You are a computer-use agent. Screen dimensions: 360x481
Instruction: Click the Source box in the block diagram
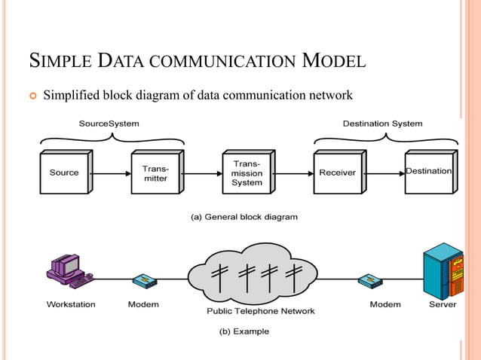[x=64, y=172]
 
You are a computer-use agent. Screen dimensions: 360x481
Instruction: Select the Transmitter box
[x=155, y=172]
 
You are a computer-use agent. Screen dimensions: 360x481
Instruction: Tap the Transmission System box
[x=247, y=172]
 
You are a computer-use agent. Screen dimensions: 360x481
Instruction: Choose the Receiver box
[x=337, y=172]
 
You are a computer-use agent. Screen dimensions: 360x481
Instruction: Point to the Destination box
[x=428, y=172]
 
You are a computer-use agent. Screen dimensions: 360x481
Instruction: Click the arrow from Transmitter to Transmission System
[x=203, y=172]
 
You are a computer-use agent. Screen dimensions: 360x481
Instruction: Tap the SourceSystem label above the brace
[x=109, y=123]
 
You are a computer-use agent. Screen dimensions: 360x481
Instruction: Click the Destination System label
[x=382, y=123]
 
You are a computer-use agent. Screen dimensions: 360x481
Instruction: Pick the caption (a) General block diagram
[x=244, y=217]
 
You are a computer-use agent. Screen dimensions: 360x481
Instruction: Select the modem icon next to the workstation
[x=143, y=281]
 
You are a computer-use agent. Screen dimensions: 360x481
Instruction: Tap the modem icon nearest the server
[x=369, y=281]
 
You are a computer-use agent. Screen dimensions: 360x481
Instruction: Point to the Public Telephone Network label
[x=261, y=311]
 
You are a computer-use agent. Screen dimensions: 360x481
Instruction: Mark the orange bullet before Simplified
[x=31, y=96]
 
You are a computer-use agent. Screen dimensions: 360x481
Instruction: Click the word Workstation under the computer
[x=71, y=304]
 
